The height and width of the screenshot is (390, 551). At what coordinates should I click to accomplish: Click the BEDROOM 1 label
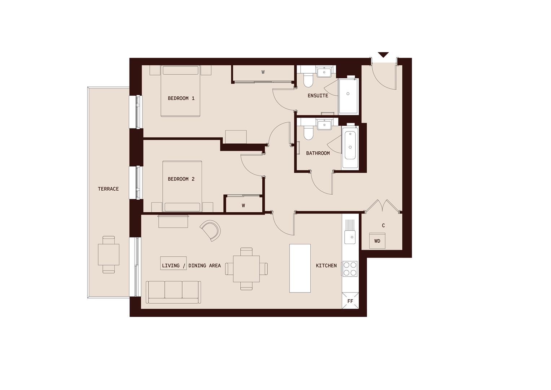[181, 98]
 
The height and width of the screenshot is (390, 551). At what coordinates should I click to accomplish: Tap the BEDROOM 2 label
[181, 179]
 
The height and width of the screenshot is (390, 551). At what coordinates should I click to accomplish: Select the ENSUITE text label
[318, 96]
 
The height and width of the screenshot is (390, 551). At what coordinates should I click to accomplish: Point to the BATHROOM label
[318, 153]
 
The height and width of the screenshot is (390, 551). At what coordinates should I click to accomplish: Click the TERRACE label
[108, 189]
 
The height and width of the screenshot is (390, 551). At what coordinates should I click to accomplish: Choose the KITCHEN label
[326, 265]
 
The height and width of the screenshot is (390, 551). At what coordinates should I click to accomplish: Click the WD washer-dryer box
[377, 241]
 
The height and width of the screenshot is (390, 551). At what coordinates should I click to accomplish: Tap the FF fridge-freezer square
[350, 301]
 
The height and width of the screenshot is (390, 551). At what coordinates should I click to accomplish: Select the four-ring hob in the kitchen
[350, 268]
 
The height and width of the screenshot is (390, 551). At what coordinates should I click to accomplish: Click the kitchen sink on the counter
[350, 237]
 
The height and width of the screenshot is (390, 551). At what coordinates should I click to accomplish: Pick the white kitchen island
[300, 268]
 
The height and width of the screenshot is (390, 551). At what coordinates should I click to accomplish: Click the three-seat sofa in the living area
[173, 292]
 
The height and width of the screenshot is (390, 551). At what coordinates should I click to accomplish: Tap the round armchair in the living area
[211, 230]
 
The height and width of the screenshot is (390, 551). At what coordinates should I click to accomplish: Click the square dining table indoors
[246, 269]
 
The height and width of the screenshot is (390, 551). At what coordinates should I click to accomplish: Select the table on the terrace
[109, 255]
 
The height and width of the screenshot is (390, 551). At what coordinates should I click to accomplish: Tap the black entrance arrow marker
[383, 55]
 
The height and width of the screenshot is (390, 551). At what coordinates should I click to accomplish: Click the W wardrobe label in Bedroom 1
[263, 72]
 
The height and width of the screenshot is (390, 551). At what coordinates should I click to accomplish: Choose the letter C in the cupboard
[383, 225]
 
